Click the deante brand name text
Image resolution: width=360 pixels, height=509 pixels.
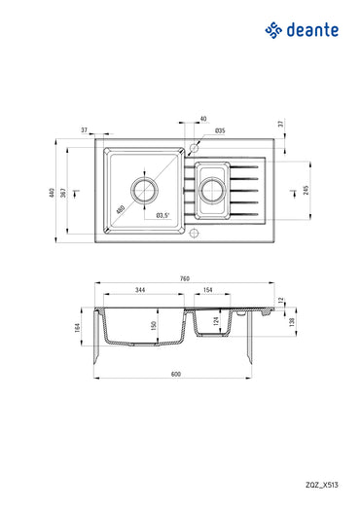(312, 30)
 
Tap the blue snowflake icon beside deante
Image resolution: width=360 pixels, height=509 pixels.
(273, 31)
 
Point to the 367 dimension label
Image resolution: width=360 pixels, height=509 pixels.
(66, 193)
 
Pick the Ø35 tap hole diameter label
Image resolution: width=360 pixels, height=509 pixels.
(220, 130)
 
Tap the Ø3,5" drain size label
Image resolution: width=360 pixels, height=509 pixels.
(162, 214)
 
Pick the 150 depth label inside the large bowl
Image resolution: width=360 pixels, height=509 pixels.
(153, 325)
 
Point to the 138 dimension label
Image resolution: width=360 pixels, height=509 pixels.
(295, 321)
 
